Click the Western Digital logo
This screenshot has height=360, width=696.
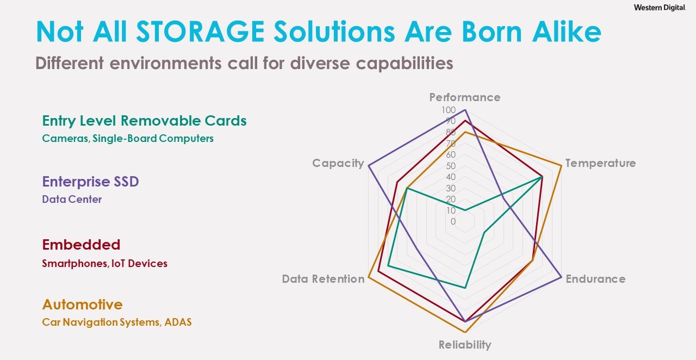pos(660,8)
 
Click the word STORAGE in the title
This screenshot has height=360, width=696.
pos(201,32)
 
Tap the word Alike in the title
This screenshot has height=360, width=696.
pos(567,32)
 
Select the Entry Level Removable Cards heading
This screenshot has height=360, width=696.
pos(144,121)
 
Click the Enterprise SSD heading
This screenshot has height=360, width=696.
pos(90,182)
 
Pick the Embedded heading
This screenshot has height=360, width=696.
pos(81,245)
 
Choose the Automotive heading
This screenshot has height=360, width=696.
pos(82,305)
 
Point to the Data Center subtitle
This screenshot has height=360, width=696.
pos(72,199)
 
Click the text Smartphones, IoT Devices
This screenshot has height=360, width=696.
pos(105,264)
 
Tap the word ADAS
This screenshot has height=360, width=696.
pos(178,322)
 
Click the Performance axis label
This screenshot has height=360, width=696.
pos(465,98)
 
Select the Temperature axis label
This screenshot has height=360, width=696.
pos(600,163)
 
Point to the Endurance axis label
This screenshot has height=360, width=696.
pos(595,279)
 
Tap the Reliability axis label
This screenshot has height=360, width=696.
pos(465,345)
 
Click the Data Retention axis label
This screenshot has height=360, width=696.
pos(323,279)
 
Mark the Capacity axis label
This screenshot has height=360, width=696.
pos(338,163)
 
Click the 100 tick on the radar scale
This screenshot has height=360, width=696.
pos(449,110)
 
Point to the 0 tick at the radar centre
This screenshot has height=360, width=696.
pos(453,222)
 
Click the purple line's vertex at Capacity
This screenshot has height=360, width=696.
pos(368,166)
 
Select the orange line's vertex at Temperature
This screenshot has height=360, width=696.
pos(562,166)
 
